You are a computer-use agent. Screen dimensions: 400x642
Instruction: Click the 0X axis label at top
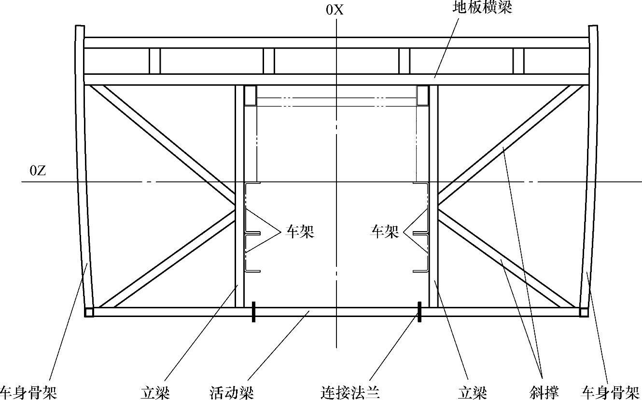coord(335,10)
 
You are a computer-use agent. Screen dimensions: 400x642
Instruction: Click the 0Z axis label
coord(38,171)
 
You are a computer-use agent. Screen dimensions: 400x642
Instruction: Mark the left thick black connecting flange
coord(253,312)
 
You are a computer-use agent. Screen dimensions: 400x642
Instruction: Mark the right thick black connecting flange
coord(419,312)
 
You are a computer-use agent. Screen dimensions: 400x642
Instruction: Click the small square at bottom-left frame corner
coord(89,312)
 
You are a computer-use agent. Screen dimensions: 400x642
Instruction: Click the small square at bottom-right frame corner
coord(584,312)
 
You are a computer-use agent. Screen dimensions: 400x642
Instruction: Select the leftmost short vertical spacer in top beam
coord(154,61)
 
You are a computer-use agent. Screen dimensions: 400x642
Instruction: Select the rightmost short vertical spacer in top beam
coord(518,61)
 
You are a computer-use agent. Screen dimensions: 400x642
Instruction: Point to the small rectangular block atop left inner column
coord(250,96)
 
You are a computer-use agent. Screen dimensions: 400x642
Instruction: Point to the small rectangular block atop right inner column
coord(423,96)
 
